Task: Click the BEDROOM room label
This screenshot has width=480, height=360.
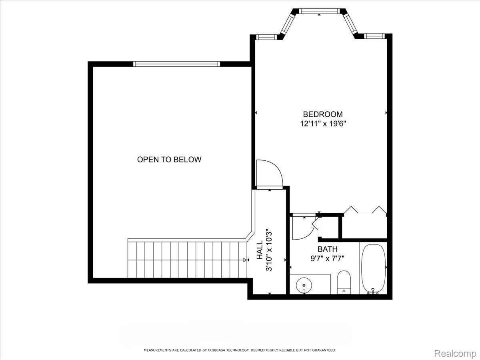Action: pos(323,114)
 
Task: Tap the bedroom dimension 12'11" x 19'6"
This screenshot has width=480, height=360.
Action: pos(323,124)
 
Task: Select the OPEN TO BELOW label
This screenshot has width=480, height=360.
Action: pos(169,160)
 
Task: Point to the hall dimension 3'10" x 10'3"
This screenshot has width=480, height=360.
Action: pos(269,250)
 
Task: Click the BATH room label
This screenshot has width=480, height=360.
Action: pos(328,249)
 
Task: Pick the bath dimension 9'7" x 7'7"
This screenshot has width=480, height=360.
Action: pos(328,258)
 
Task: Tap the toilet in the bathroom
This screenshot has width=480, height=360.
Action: pos(344,281)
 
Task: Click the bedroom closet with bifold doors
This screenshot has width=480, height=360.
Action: pos(365,226)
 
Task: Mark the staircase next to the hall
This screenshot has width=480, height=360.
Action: pos(186,259)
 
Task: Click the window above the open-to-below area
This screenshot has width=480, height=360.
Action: pos(176,64)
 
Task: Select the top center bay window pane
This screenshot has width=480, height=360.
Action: pos(319,11)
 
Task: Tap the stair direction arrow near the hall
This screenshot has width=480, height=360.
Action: pos(245,260)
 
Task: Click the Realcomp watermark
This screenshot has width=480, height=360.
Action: pos(455,354)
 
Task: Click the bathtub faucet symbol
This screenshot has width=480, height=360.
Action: pos(373,292)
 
